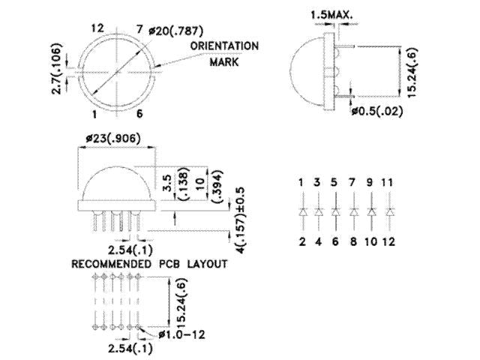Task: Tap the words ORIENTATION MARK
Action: (224, 52)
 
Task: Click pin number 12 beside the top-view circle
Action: (96, 28)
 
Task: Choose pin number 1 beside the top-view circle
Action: (95, 114)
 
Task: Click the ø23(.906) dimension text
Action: (112, 138)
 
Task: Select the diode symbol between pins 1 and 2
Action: (301, 212)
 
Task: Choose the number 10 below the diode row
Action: (371, 241)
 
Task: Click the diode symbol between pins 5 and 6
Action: (336, 212)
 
